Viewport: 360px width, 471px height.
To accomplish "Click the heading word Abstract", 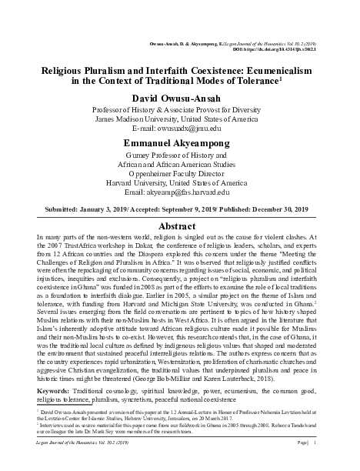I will pyautogui.click(x=180, y=229).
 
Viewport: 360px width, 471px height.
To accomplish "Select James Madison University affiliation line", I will pyautogui.click(x=180, y=119).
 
